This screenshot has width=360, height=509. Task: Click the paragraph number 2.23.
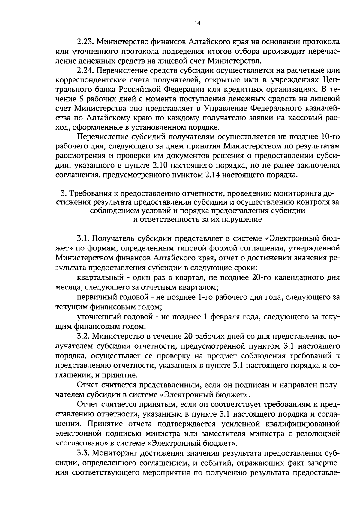point(85,42)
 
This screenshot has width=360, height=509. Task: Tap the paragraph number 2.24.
point(85,71)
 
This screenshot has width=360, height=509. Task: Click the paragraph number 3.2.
point(83,337)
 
